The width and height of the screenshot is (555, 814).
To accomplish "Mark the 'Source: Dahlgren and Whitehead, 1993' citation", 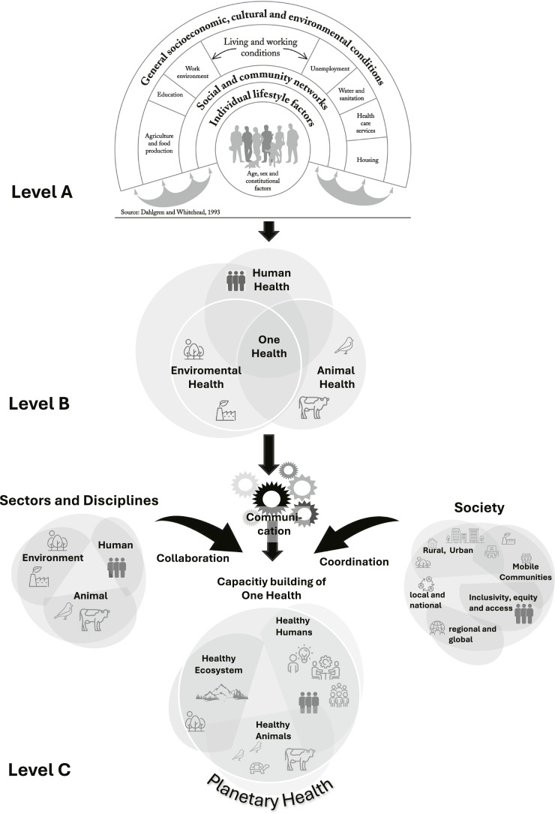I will point(177,213).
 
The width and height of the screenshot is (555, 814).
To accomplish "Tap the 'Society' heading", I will point(479,508).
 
